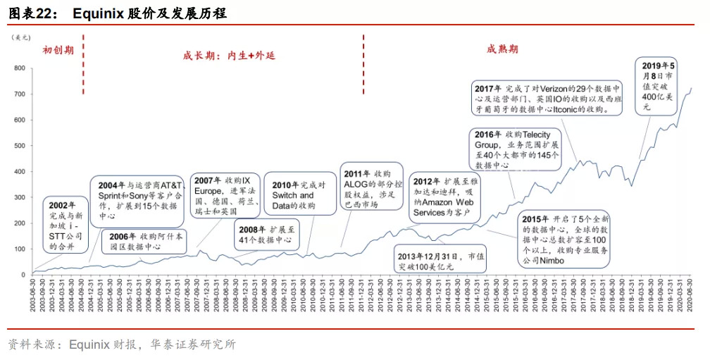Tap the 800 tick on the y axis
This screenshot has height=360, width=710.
click(19, 68)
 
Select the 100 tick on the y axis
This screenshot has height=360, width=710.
click(19, 248)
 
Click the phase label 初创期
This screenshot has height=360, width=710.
click(56, 51)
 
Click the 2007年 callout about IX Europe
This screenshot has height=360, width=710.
click(225, 195)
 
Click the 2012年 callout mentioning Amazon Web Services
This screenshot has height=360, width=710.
click(443, 197)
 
